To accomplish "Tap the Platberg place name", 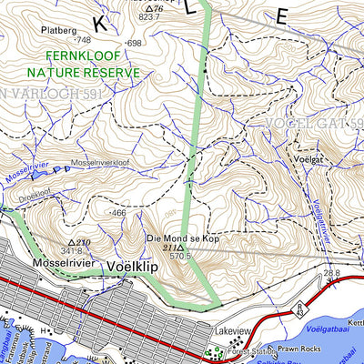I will click(59, 29).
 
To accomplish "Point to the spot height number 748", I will click(84, 41).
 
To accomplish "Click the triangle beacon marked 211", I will click(180, 247).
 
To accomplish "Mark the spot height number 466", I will click(117, 213).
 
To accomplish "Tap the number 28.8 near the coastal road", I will click(331, 272).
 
